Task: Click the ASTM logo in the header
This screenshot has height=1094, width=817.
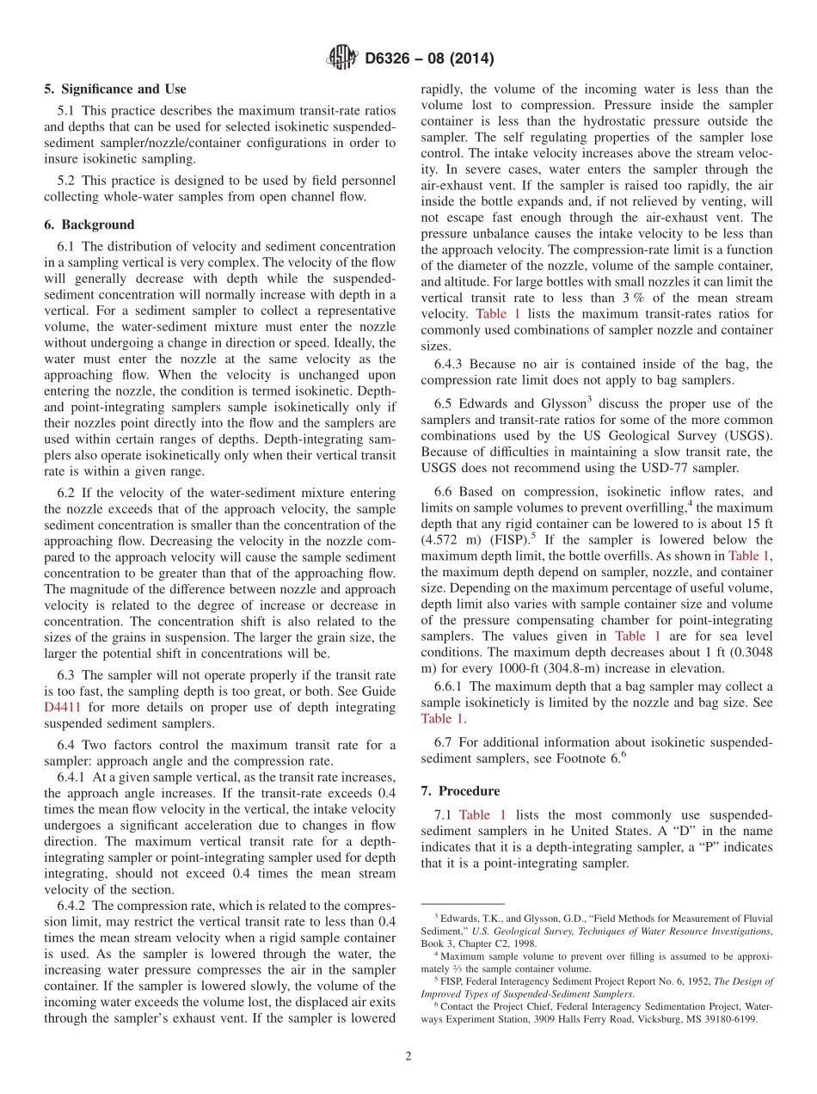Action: [341, 58]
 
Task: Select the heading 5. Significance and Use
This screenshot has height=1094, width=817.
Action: [115, 89]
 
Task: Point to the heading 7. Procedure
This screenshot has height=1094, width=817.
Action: [460, 790]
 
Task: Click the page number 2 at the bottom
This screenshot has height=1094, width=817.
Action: [408, 1056]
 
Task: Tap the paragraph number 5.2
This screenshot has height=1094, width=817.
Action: [68, 180]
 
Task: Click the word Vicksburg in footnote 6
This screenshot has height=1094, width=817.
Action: [661, 1019]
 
